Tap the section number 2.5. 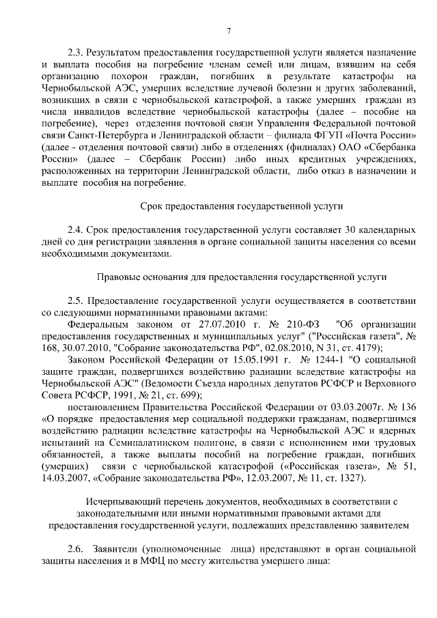(75, 302)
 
